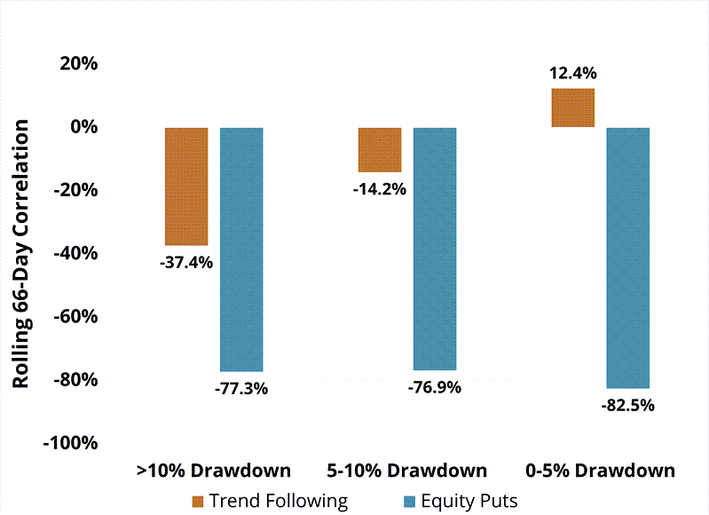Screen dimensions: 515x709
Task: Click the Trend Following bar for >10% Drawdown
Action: [x=186, y=186]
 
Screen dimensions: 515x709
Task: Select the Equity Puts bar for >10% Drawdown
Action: [x=241, y=250]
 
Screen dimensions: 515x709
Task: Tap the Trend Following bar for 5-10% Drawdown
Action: [x=380, y=150]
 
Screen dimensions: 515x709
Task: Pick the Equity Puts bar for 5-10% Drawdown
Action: [x=435, y=249]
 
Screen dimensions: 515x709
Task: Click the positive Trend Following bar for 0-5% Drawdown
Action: [x=573, y=108]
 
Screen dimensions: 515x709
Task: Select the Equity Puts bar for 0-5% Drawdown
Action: [x=628, y=257]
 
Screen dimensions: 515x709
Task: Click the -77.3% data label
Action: [x=240, y=388]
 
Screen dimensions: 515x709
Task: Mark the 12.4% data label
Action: [x=572, y=73]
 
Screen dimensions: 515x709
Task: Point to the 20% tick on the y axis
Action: [x=78, y=64]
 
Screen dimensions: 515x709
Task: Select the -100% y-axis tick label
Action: [x=70, y=443]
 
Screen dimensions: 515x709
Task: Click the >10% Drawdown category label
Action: [x=214, y=471]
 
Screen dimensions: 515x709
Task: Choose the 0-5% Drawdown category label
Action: [x=601, y=471]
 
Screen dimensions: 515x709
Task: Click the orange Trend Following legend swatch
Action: [x=198, y=501]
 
